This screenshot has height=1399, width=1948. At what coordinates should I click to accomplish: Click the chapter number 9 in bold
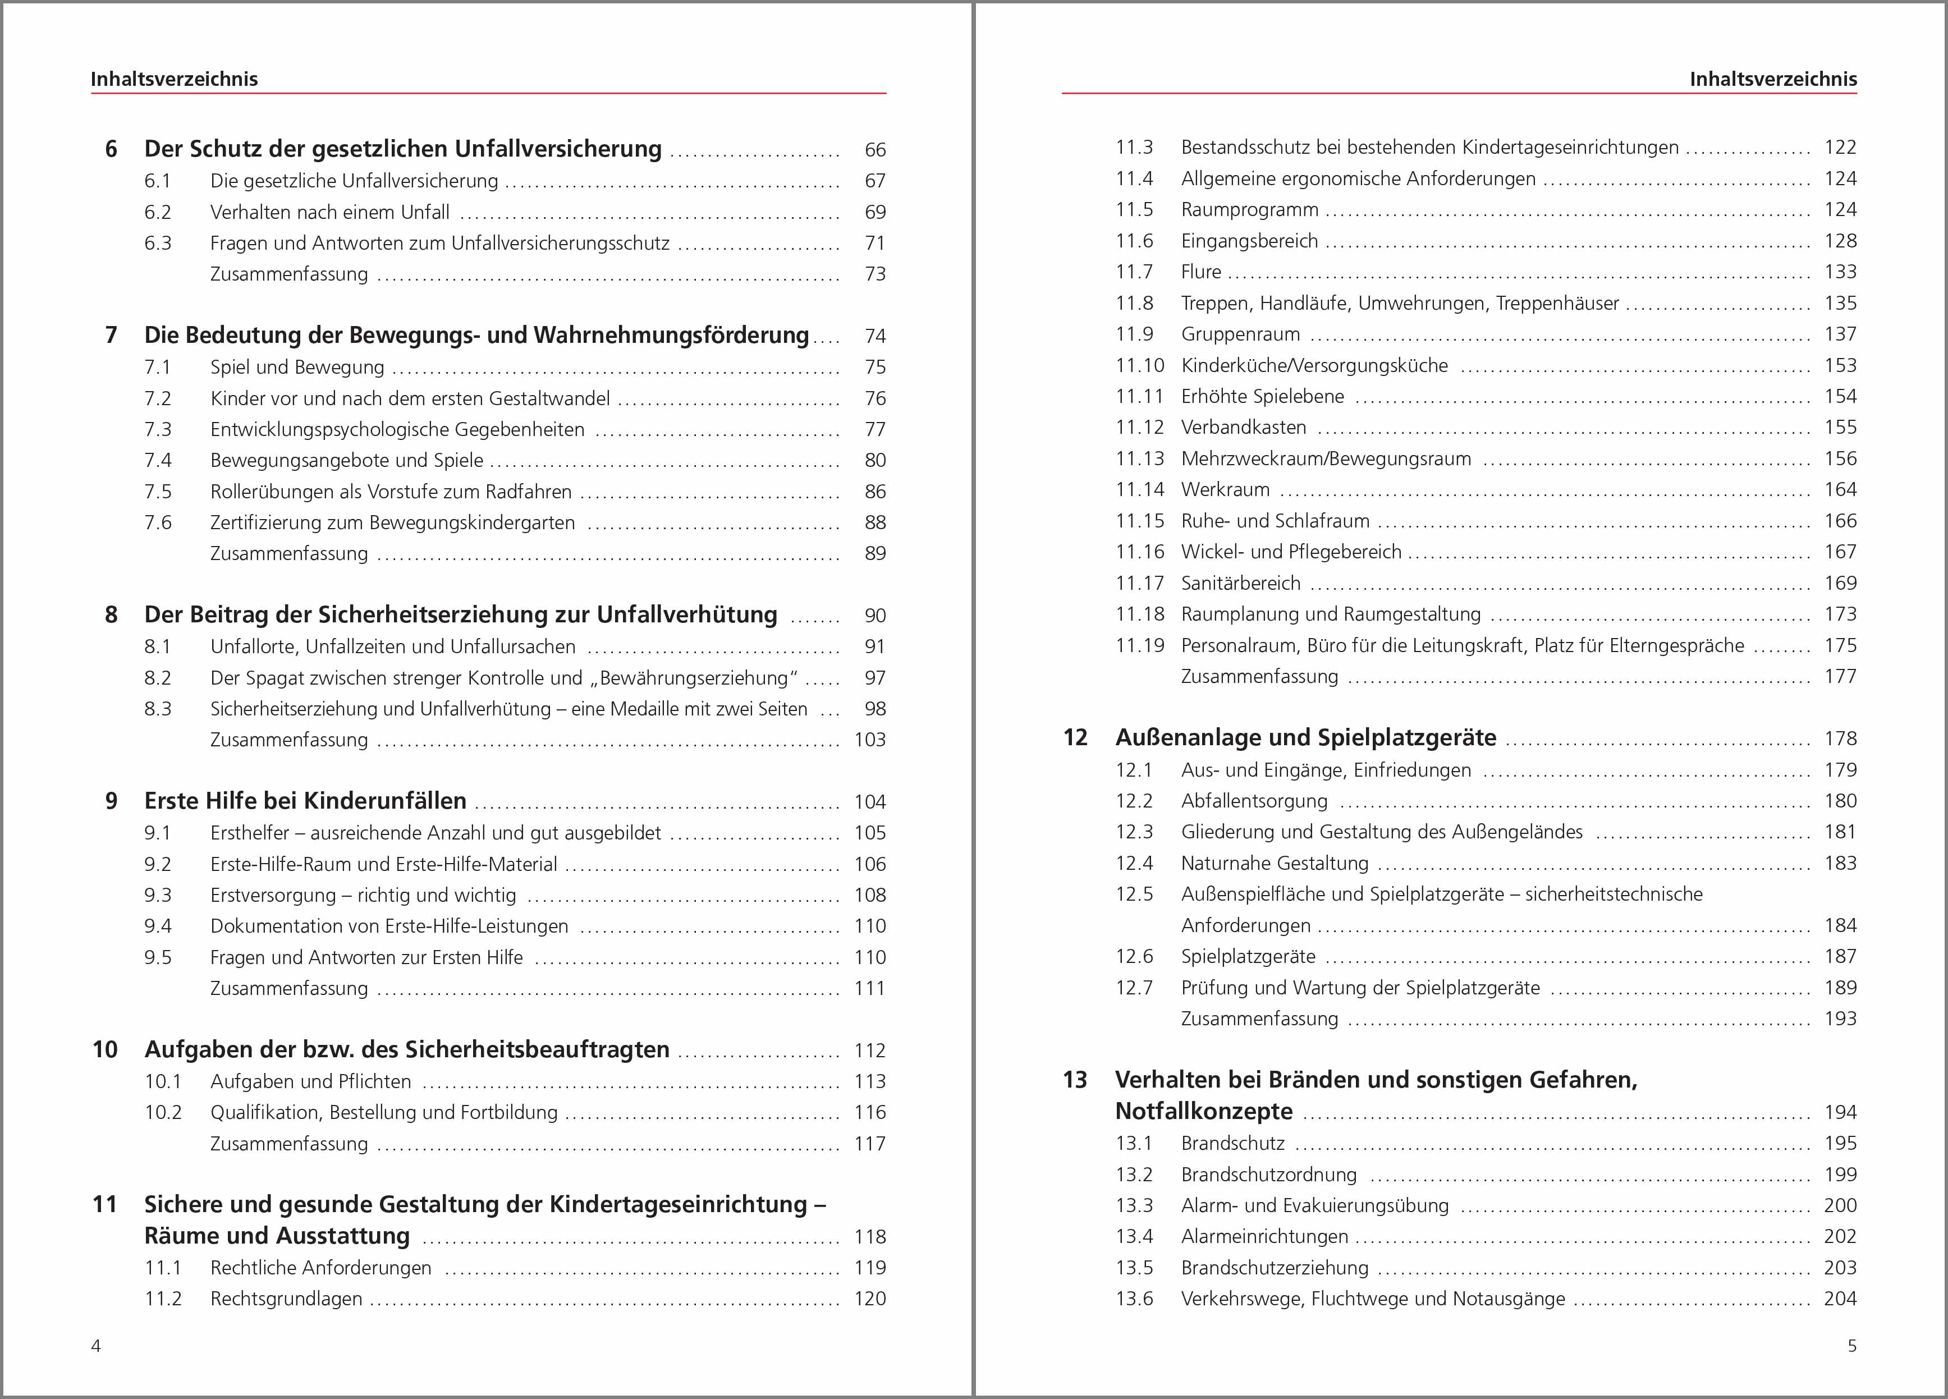pos(111,801)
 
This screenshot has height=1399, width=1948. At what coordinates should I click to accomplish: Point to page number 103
pos(869,740)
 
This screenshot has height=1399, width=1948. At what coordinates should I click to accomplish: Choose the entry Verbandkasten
pos(1243,428)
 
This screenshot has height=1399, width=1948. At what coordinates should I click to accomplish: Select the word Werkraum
pos(1225,489)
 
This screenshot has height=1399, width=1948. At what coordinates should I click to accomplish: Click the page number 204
pos(1840,1299)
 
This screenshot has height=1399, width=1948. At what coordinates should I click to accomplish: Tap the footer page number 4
pos(96,1346)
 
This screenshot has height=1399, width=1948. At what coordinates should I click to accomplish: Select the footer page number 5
pos(1852,1346)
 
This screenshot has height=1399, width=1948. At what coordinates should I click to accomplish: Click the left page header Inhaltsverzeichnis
pos(175,79)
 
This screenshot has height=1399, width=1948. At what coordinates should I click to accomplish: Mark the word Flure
pos(1201,272)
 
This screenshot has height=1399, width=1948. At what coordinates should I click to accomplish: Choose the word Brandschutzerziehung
pos(1275,1268)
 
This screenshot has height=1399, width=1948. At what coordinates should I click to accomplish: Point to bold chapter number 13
pos(1075,1080)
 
